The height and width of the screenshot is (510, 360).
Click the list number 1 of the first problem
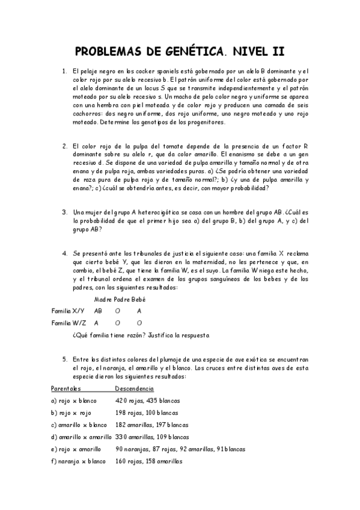(64, 72)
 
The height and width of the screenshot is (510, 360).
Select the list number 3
(64, 212)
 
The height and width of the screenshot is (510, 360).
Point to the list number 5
(64, 360)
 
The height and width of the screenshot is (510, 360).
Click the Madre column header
(103, 300)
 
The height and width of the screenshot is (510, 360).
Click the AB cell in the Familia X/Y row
(99, 311)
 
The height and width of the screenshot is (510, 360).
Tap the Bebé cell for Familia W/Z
(139, 323)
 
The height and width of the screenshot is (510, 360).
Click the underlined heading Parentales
(66, 389)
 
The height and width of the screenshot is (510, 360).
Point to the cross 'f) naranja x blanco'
(78, 461)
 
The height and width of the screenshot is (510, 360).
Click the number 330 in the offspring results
(122, 437)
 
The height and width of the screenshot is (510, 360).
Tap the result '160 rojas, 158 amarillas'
(148, 461)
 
